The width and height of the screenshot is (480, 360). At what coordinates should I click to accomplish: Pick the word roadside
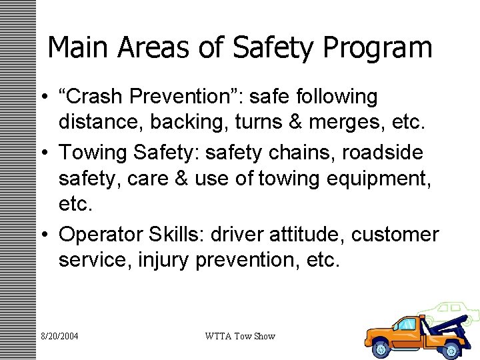pyautogui.click(x=383, y=152)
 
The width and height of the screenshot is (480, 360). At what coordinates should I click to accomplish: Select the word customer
pyautogui.click(x=395, y=235)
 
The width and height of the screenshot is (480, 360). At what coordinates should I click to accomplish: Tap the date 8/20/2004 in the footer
pyautogui.click(x=59, y=336)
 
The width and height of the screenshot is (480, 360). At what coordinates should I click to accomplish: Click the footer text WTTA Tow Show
pyautogui.click(x=240, y=336)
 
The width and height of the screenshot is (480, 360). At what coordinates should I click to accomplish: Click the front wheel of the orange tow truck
pyautogui.click(x=382, y=347)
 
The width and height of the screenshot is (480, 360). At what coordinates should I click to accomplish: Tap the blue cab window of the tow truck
pyautogui.click(x=406, y=325)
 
